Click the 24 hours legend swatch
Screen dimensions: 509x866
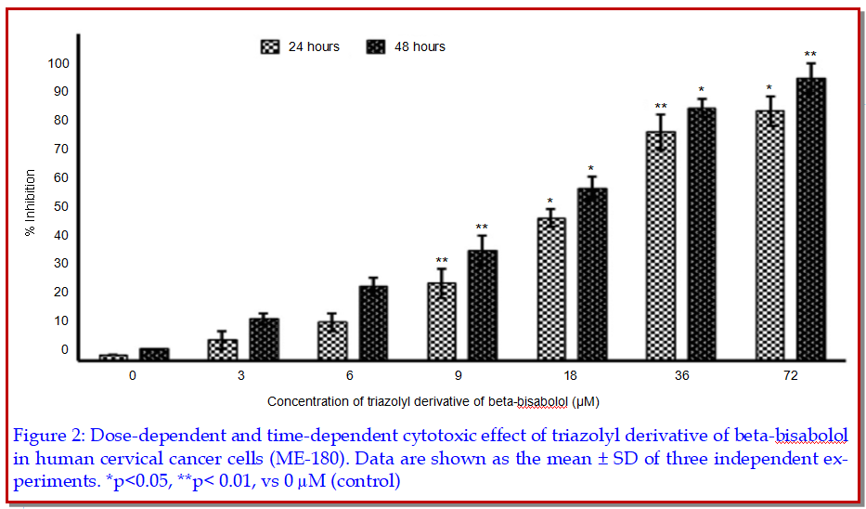point(269,46)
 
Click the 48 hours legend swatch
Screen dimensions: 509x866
point(375,46)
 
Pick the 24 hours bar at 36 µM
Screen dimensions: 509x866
point(661,245)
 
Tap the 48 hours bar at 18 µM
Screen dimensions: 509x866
point(591,274)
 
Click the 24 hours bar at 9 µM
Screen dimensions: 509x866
point(441,321)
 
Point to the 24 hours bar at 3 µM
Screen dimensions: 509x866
point(223,349)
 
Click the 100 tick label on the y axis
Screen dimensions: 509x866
point(59,63)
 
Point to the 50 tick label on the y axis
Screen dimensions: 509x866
point(59,206)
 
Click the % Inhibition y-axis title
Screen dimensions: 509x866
point(31,202)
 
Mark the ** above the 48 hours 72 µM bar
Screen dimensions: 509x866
point(810,55)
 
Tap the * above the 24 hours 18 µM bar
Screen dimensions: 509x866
point(549,202)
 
